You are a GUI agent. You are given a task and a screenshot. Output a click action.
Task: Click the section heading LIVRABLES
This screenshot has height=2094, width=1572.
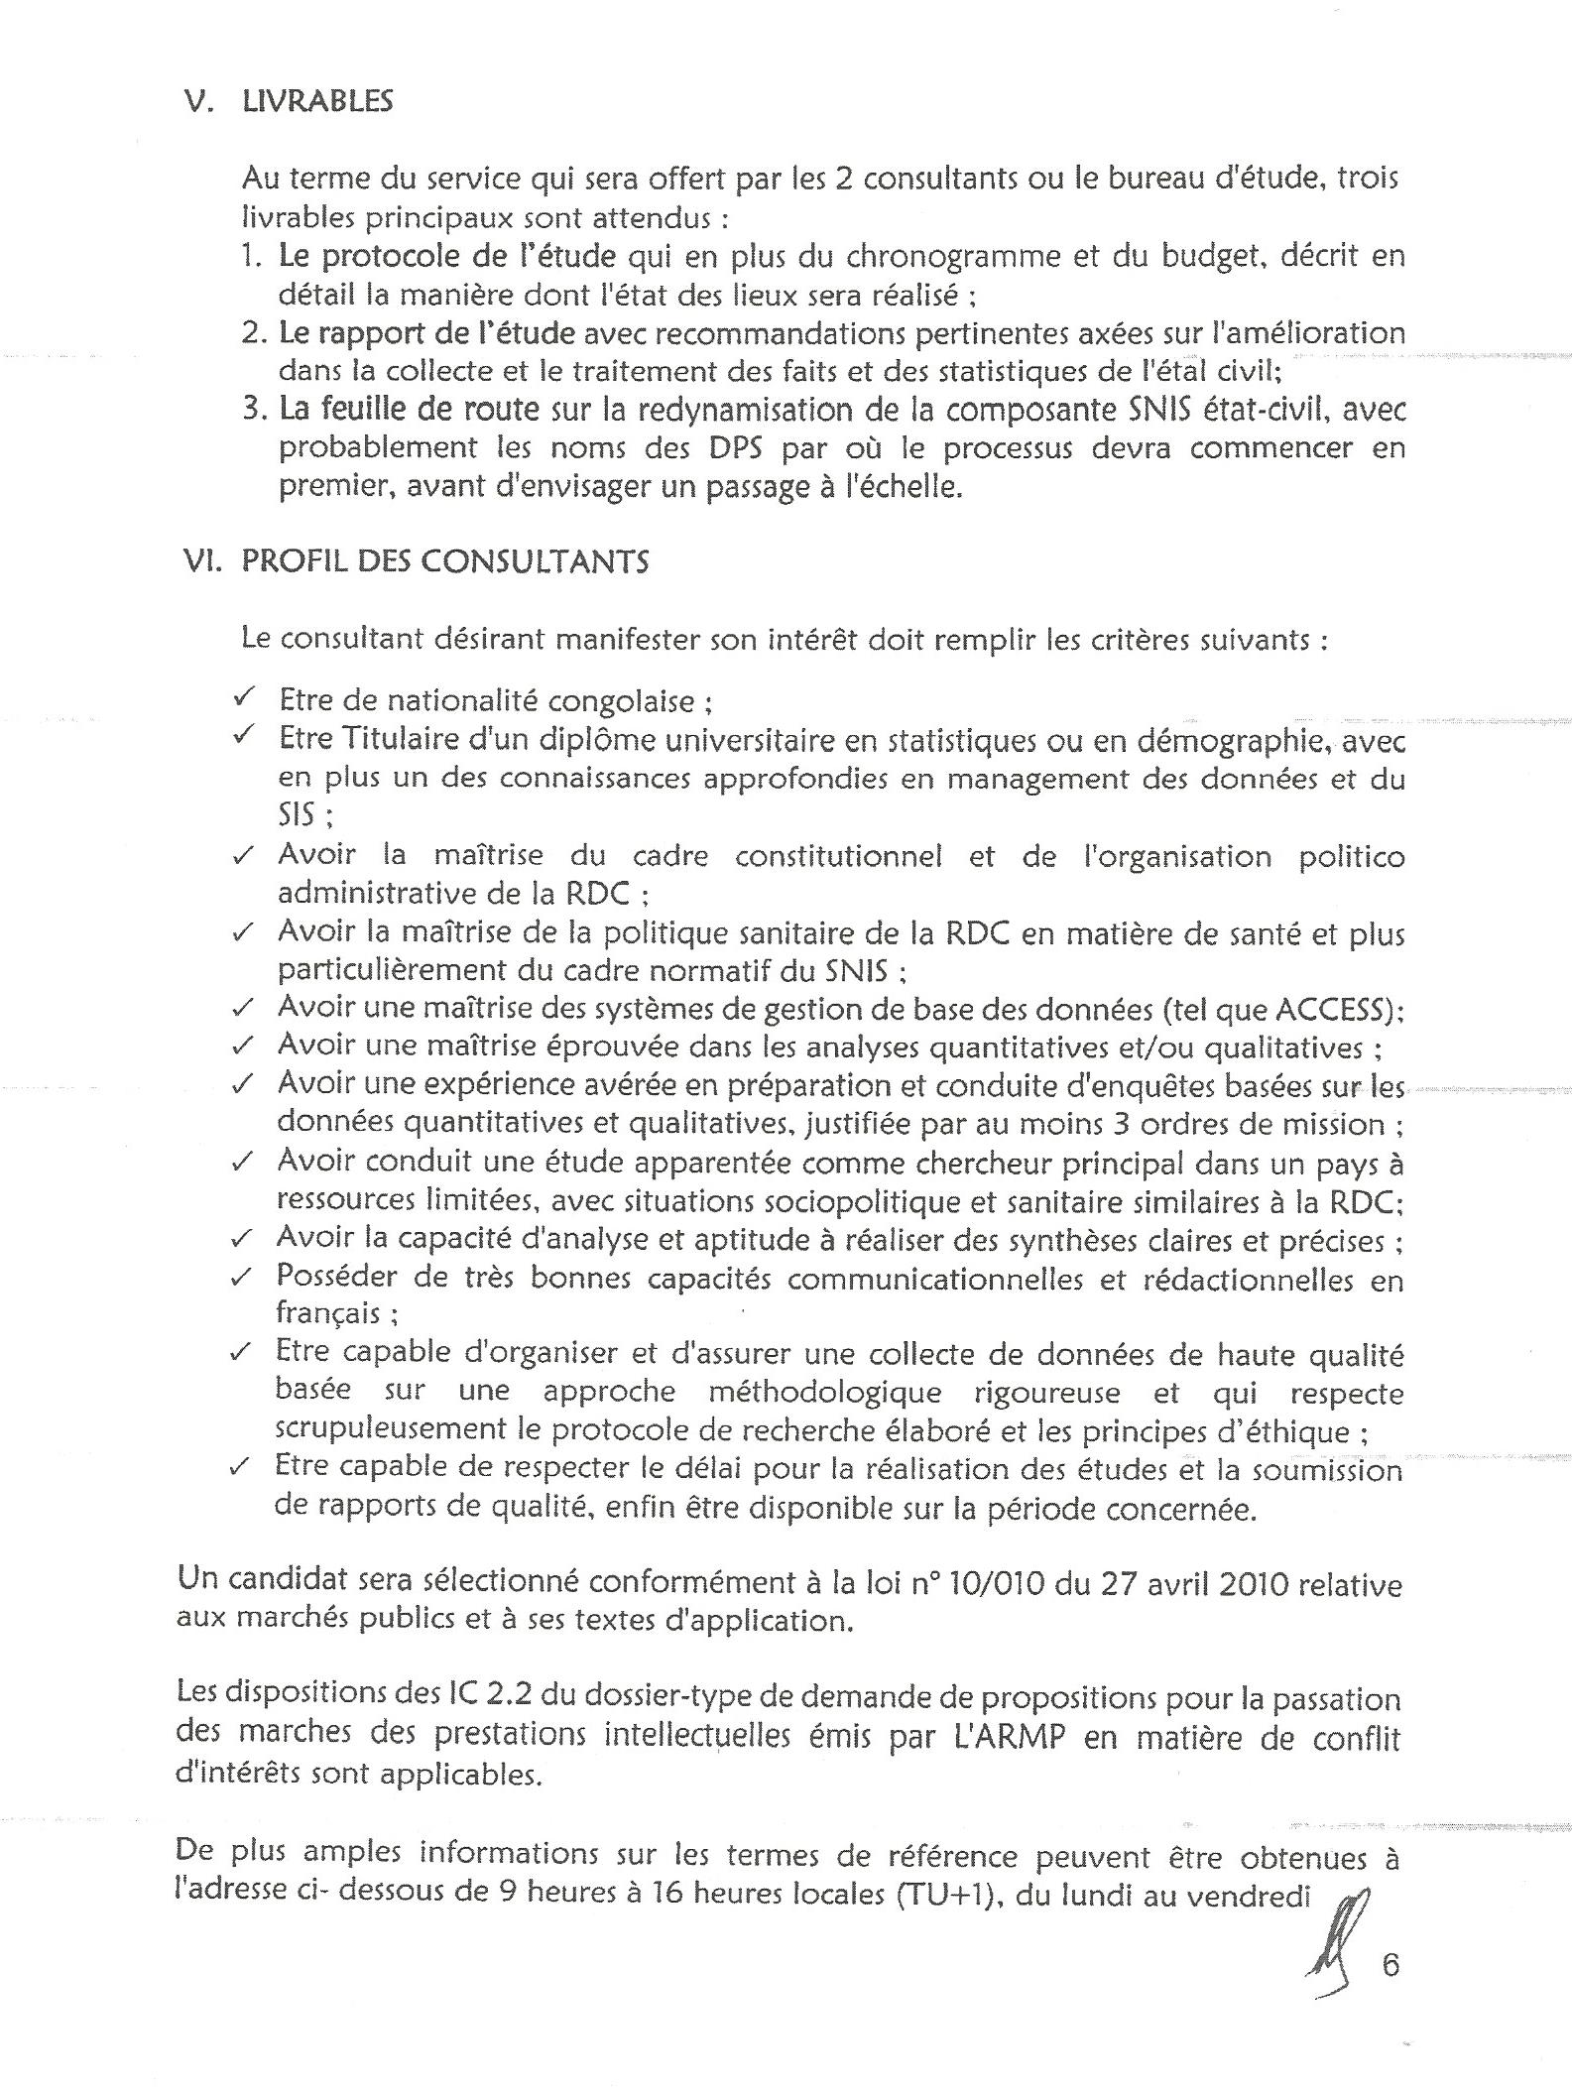317,101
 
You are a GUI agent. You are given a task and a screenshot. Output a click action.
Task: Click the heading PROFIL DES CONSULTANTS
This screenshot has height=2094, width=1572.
445,562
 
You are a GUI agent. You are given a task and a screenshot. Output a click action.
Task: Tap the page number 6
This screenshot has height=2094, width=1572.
1390,1965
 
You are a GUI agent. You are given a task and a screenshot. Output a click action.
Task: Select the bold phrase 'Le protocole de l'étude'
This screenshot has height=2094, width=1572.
447,256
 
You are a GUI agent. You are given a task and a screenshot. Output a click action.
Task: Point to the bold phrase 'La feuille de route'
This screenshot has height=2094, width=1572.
409,409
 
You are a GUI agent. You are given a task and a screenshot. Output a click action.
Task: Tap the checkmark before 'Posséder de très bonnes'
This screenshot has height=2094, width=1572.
241,1277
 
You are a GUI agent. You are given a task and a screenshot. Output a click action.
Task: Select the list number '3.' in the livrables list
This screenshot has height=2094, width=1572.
254,409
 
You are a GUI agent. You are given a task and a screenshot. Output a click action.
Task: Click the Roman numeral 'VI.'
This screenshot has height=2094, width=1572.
202,562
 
